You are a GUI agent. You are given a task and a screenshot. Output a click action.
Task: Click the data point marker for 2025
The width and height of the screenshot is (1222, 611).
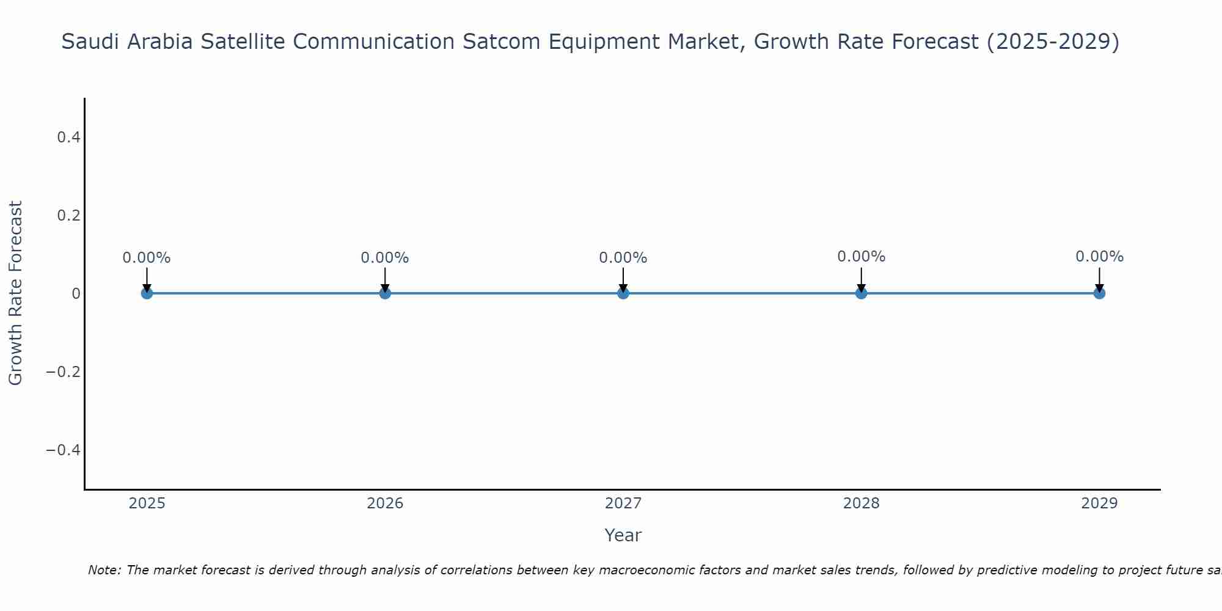[x=147, y=293]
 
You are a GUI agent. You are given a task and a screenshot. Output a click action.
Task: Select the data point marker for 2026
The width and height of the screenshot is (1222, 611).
[x=385, y=293]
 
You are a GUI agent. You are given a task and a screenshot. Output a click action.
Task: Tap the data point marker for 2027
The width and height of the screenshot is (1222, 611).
[x=623, y=293]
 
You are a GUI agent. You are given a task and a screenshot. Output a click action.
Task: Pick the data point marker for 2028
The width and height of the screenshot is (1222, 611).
[x=861, y=293]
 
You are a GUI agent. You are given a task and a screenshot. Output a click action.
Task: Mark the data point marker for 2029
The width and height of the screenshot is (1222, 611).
[x=1099, y=293]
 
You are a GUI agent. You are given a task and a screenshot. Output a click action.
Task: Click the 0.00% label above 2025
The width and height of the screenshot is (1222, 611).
[x=147, y=258]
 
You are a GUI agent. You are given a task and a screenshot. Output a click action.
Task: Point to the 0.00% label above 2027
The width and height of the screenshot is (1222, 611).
[x=623, y=258]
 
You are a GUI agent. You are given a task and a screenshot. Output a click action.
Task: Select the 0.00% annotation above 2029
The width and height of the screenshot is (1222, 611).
[x=1099, y=257]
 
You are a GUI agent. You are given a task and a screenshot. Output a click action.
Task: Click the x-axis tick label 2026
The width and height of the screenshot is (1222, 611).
[x=385, y=503]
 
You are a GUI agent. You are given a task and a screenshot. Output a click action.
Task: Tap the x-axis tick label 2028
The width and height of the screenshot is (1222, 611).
[x=861, y=503]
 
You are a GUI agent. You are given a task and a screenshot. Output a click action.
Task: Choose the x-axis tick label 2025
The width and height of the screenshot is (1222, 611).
[x=147, y=503]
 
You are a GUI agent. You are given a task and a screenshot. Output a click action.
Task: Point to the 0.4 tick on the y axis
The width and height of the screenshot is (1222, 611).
[x=68, y=137]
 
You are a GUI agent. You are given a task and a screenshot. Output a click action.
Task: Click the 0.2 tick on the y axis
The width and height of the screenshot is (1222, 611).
[x=68, y=216]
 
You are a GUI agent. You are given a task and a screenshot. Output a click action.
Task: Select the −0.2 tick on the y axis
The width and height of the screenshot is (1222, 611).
[x=64, y=372]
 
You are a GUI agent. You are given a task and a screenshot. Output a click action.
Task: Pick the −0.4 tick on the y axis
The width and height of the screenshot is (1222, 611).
[x=64, y=450]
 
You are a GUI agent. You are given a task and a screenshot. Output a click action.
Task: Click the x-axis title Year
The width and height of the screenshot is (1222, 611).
[x=623, y=535]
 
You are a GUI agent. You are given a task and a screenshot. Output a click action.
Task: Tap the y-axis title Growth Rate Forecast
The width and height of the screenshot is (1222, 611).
[x=15, y=293]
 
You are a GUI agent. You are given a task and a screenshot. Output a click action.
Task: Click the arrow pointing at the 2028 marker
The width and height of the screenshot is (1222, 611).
[x=861, y=280]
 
